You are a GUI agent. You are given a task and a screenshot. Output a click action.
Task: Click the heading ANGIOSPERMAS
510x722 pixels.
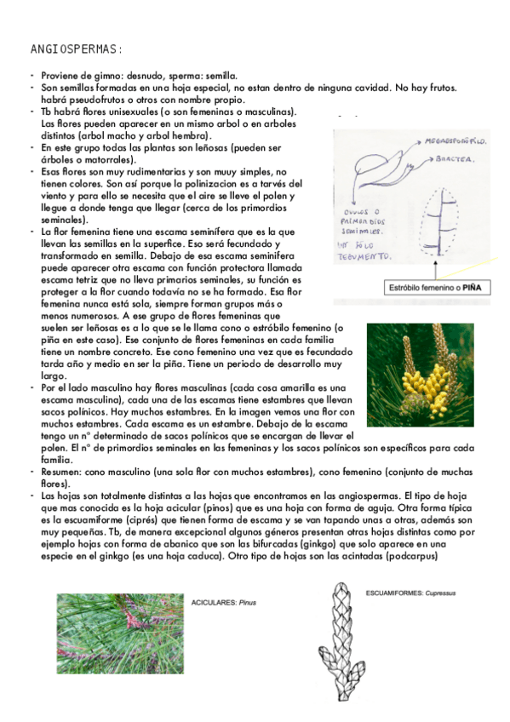tap(77, 49)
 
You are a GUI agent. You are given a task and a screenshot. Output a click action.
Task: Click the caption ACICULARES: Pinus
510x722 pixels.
tap(225, 602)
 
